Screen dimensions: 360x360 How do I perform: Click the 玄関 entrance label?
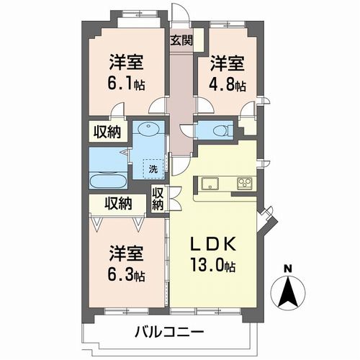[181, 40]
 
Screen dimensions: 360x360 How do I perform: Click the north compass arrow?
[288, 294]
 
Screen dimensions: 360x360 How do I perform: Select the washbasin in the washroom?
[150, 132]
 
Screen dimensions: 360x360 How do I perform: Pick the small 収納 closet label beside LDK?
[158, 198]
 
